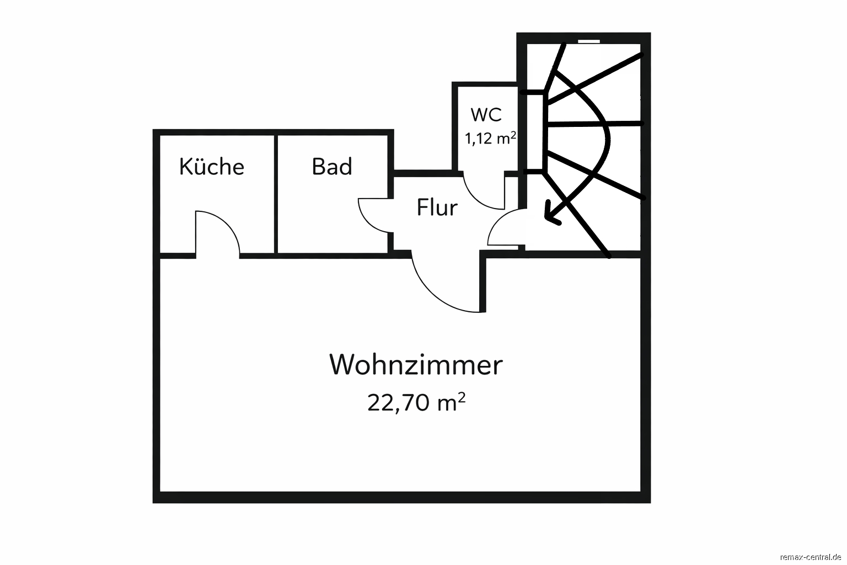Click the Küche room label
212,167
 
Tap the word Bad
332,167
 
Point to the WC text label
486,114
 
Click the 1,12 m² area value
490,138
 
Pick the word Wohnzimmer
416,365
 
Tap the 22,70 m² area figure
416,402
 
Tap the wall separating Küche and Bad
276,194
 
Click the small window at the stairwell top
589,41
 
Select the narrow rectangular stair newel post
535,132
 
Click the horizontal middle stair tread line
594,124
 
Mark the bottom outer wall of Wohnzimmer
401,497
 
